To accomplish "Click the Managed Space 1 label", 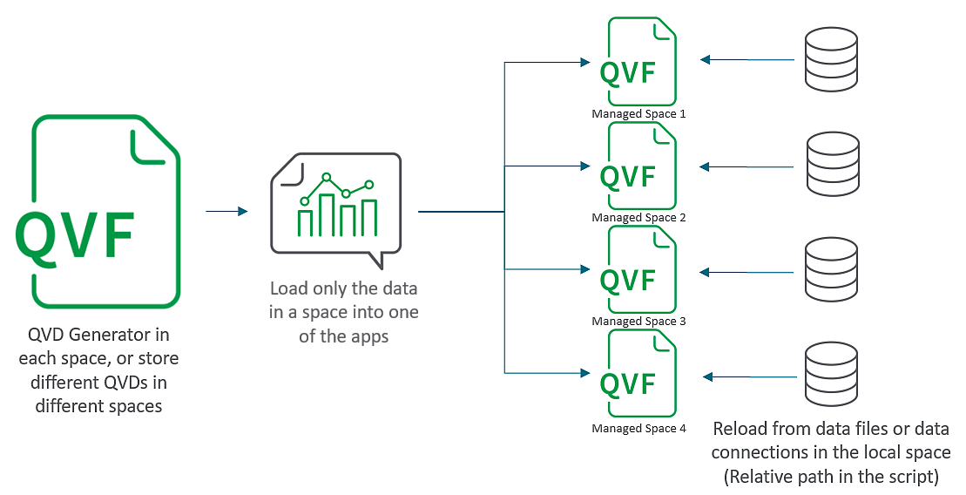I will pos(638,114).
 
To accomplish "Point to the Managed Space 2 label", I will pos(638,218).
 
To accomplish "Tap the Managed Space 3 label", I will pos(638,322).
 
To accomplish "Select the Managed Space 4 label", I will pos(638,429).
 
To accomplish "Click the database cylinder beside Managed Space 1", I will pos(832,59).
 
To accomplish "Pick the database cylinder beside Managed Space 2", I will pos(832,165).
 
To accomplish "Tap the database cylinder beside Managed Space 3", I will pos(832,271).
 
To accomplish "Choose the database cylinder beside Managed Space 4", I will pos(832,376).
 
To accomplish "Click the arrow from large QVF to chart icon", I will pos(226,211).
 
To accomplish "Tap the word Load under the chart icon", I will pos(288,289).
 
